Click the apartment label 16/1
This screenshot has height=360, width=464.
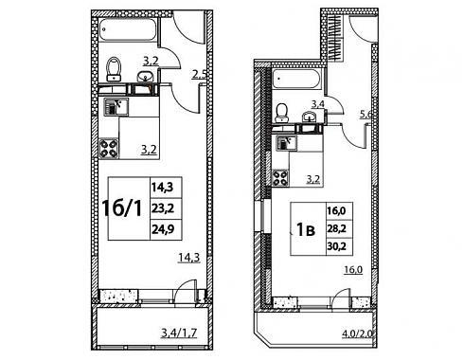(122, 208)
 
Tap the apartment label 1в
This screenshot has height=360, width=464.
(306, 230)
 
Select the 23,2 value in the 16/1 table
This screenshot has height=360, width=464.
(163, 208)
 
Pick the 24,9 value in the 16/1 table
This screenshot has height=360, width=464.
(163, 229)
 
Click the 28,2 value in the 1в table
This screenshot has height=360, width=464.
(336, 228)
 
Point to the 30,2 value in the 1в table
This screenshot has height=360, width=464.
(336, 245)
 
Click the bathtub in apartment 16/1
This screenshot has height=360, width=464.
(128, 30)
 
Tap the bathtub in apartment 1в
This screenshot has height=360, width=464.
(296, 79)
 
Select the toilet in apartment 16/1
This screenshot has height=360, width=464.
(114, 69)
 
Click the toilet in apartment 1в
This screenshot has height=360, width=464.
(281, 113)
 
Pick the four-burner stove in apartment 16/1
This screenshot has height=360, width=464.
(109, 149)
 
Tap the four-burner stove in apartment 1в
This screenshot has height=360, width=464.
(280, 178)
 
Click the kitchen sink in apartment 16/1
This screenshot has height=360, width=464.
(116, 107)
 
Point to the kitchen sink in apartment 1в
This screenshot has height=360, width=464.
(286, 143)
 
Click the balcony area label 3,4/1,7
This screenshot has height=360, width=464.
(179, 333)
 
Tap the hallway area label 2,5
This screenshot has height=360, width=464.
(199, 75)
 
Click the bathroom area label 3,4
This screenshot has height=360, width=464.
(317, 103)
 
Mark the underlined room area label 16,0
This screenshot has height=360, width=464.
(353, 270)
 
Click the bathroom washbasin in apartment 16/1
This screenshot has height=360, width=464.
(145, 76)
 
